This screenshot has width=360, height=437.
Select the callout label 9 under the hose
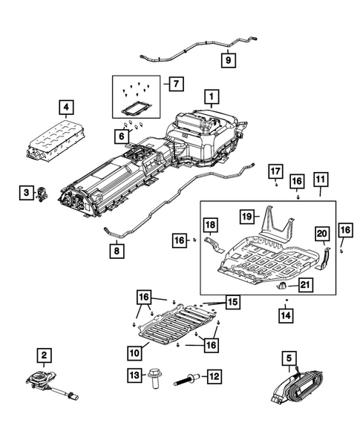coord(228,59)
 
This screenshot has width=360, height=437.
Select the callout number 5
coord(288,358)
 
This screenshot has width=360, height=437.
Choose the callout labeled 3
coord(26,194)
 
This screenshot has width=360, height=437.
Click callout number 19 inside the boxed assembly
coord(246,217)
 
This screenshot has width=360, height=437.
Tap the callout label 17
coord(274,172)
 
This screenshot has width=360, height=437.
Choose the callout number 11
coord(321,180)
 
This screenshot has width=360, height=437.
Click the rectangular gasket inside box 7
coord(134,106)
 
